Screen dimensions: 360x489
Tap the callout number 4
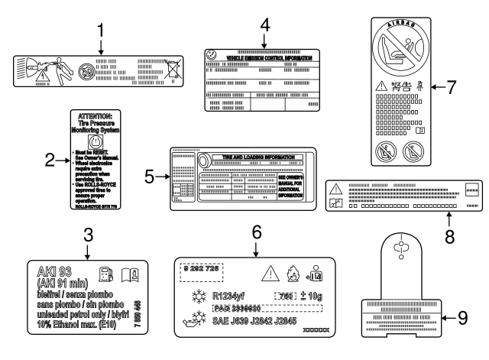[x=264, y=24]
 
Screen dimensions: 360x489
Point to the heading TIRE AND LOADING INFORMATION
[x=252, y=156]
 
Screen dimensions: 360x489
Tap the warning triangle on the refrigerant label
[x=270, y=274]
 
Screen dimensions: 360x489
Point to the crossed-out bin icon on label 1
[x=177, y=67]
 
